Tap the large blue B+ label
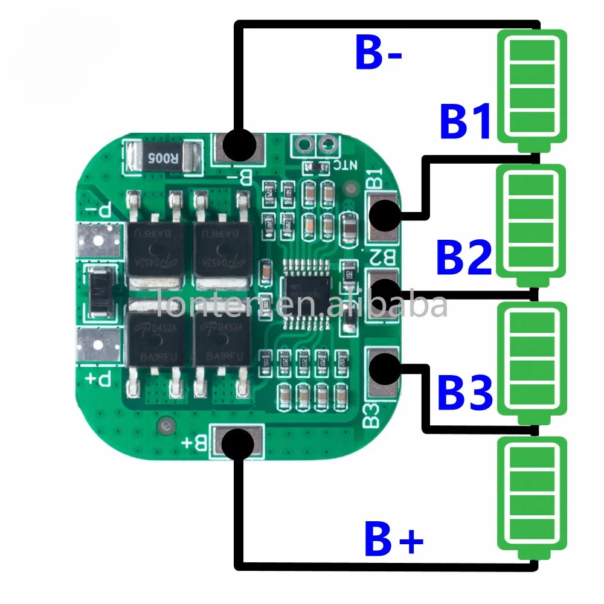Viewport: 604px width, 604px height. coord(393,539)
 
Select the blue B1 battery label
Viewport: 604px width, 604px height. coord(465,123)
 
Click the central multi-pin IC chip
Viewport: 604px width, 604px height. coord(306,294)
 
